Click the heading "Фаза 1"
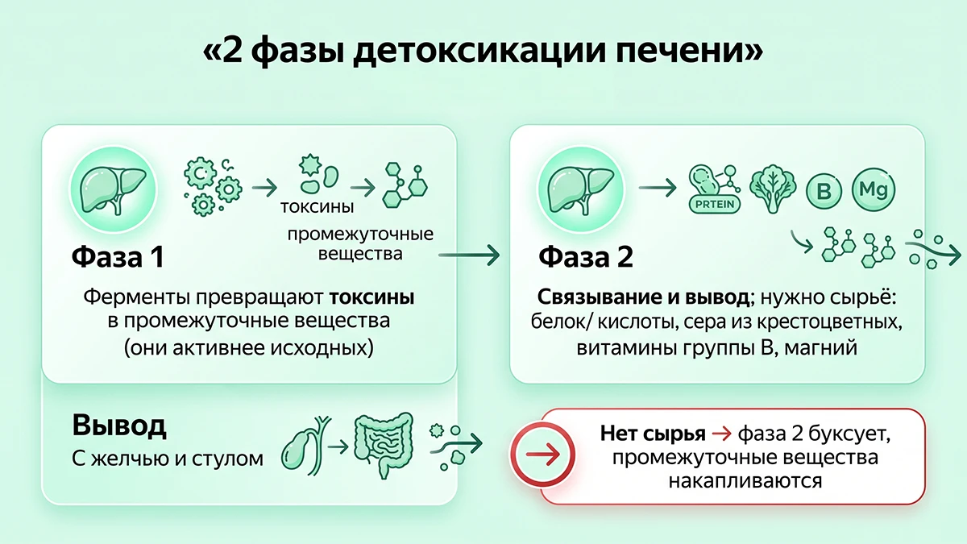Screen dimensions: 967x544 118,257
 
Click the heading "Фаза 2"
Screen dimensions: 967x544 586,257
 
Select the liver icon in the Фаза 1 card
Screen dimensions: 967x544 113,190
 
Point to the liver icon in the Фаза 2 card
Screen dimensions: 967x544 581,190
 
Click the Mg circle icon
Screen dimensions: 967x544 874,189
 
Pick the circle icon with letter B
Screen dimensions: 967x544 824,190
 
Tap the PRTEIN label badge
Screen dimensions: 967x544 715,204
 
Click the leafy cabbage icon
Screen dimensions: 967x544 773,189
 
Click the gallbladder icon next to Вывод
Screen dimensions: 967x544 305,446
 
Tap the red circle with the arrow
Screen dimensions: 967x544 542,455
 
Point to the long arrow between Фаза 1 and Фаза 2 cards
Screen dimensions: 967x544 469,255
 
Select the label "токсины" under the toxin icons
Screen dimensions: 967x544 317,207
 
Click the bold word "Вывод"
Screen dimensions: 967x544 119,426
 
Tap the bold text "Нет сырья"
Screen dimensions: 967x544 653,433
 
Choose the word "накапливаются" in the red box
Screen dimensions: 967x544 745,481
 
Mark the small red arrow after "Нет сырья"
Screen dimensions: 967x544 721,434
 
